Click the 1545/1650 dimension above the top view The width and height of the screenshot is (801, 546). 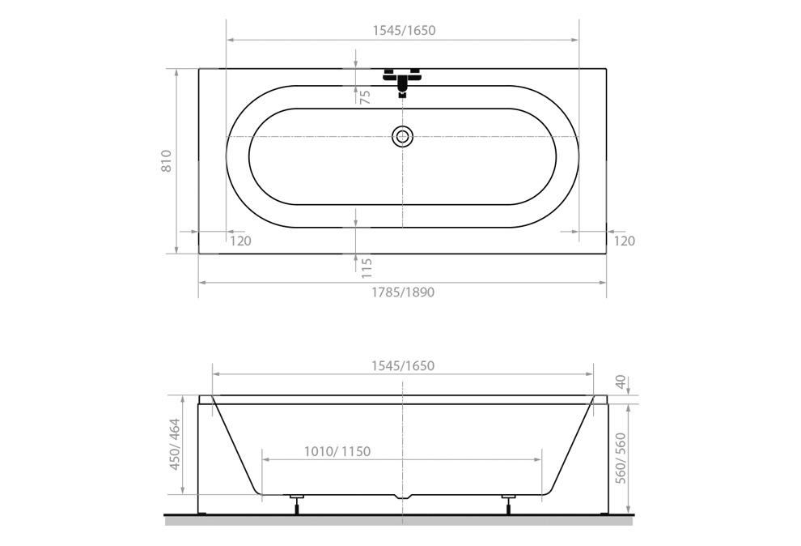[x=404, y=30]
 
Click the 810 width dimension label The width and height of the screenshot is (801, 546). [x=167, y=161]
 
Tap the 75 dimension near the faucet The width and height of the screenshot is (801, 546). [x=365, y=97]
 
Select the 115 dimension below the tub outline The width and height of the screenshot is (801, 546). [x=367, y=268]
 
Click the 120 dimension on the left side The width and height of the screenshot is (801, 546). [x=240, y=241]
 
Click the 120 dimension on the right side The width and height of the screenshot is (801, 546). [x=624, y=241]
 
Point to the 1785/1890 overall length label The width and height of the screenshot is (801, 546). [x=403, y=292]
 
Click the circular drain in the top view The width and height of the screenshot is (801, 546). [x=403, y=136]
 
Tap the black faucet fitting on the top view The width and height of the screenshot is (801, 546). [x=403, y=81]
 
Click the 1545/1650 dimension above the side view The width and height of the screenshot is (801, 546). [x=403, y=366]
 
